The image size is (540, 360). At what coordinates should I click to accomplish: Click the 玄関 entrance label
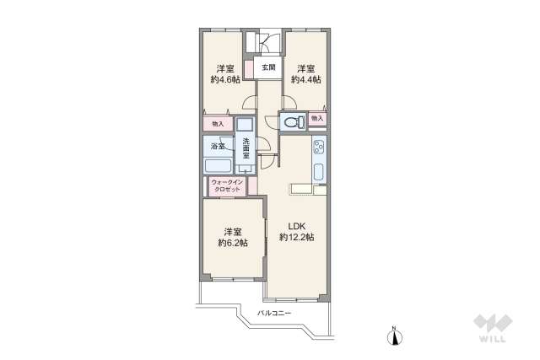click(268, 67)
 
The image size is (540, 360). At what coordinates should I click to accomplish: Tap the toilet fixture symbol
click(294, 121)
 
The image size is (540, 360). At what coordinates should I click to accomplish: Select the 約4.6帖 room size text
click(225, 79)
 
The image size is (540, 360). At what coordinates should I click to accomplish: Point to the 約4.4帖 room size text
click(306, 79)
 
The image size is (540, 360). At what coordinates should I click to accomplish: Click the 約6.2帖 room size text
click(233, 243)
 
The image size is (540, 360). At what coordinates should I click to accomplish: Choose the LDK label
click(297, 226)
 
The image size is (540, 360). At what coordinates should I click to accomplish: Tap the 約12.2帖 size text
click(296, 237)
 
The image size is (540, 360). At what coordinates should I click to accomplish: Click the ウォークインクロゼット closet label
click(227, 185)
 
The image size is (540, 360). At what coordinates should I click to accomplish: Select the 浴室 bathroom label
click(218, 146)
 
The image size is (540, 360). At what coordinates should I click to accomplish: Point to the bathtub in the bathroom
click(218, 165)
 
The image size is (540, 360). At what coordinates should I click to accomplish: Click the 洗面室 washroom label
click(246, 148)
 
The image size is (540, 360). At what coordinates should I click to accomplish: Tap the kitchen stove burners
click(318, 148)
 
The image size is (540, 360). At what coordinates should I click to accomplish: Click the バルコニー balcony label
click(274, 313)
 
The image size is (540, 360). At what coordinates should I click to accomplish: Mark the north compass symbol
click(396, 336)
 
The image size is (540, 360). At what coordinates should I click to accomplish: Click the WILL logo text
click(493, 339)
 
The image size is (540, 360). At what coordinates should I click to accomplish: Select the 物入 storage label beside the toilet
click(317, 118)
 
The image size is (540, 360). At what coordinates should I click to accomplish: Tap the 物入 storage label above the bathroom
click(218, 124)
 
